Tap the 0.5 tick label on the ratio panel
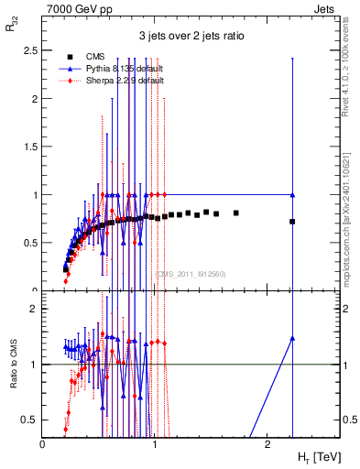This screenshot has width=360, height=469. tap(31, 420)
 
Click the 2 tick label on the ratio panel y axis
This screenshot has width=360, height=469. tap(35, 309)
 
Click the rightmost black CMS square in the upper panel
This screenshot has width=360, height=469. tap(292, 222)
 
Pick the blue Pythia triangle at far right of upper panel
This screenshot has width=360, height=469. tap(292, 195)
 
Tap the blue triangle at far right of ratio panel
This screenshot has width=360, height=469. tap(292, 338)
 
